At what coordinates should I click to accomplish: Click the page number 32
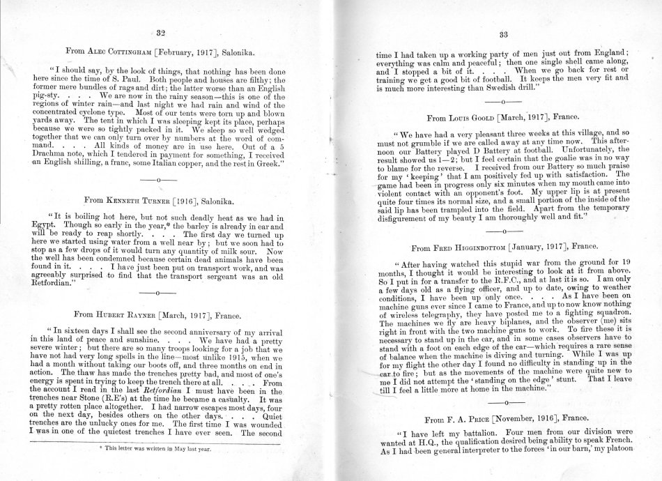tap(160, 32)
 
